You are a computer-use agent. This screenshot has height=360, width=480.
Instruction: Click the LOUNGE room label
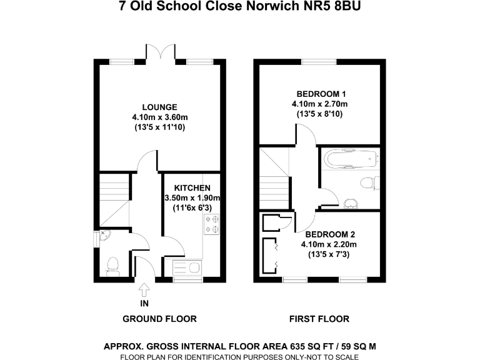pyautogui.click(x=159, y=107)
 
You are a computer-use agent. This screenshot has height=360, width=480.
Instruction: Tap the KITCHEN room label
pyautogui.click(x=192, y=187)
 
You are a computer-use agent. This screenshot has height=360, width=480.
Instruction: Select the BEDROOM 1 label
pyautogui.click(x=319, y=94)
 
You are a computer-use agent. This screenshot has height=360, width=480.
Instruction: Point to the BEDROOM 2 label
pyautogui.click(x=328, y=234)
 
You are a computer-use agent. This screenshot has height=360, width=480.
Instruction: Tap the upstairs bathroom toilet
pyautogui.click(x=369, y=183)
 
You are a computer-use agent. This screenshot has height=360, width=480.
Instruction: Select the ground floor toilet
pyautogui.click(x=113, y=267)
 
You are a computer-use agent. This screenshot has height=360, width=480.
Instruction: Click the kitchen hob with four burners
pyautogui.click(x=212, y=224)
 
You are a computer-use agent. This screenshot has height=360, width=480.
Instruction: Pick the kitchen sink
pyautogui.click(x=186, y=268)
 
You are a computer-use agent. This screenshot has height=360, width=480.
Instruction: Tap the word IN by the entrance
pyautogui.click(x=145, y=304)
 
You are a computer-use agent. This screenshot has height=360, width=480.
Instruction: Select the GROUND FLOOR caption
pyautogui.click(x=159, y=319)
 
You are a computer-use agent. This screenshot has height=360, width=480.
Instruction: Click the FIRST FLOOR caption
pyautogui.click(x=319, y=319)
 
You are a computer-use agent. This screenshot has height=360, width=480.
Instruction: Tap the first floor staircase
pyautogui.click(x=273, y=187)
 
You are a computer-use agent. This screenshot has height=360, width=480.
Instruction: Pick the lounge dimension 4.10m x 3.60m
pyautogui.click(x=159, y=117)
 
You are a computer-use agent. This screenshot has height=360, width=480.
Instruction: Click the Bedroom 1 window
pyautogui.click(x=319, y=61)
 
